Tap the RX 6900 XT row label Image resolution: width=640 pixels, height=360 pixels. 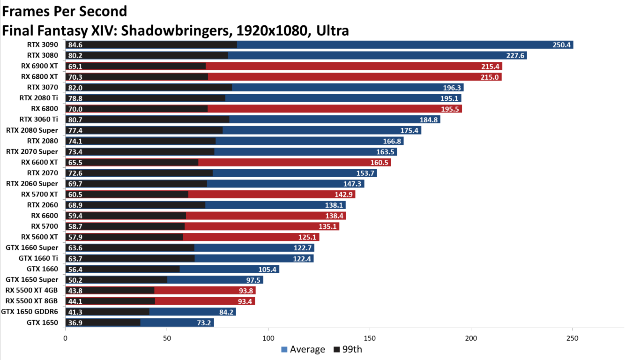click(39, 66)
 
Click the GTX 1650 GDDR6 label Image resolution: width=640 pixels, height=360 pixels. click(30, 312)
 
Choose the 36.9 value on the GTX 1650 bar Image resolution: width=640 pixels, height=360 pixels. click(75, 322)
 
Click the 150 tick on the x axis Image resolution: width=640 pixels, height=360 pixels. click(370, 338)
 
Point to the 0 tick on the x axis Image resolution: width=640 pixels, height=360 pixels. click(65, 338)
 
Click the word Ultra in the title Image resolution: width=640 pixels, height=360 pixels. click(332, 31)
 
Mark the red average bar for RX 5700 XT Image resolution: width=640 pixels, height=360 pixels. click(272, 194)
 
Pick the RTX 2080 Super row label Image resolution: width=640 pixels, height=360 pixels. click(32, 130)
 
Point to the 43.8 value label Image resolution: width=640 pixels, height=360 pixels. click(75, 291)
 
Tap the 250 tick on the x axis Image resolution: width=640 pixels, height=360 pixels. click(572, 338)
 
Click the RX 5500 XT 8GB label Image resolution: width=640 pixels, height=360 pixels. click(31, 301)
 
